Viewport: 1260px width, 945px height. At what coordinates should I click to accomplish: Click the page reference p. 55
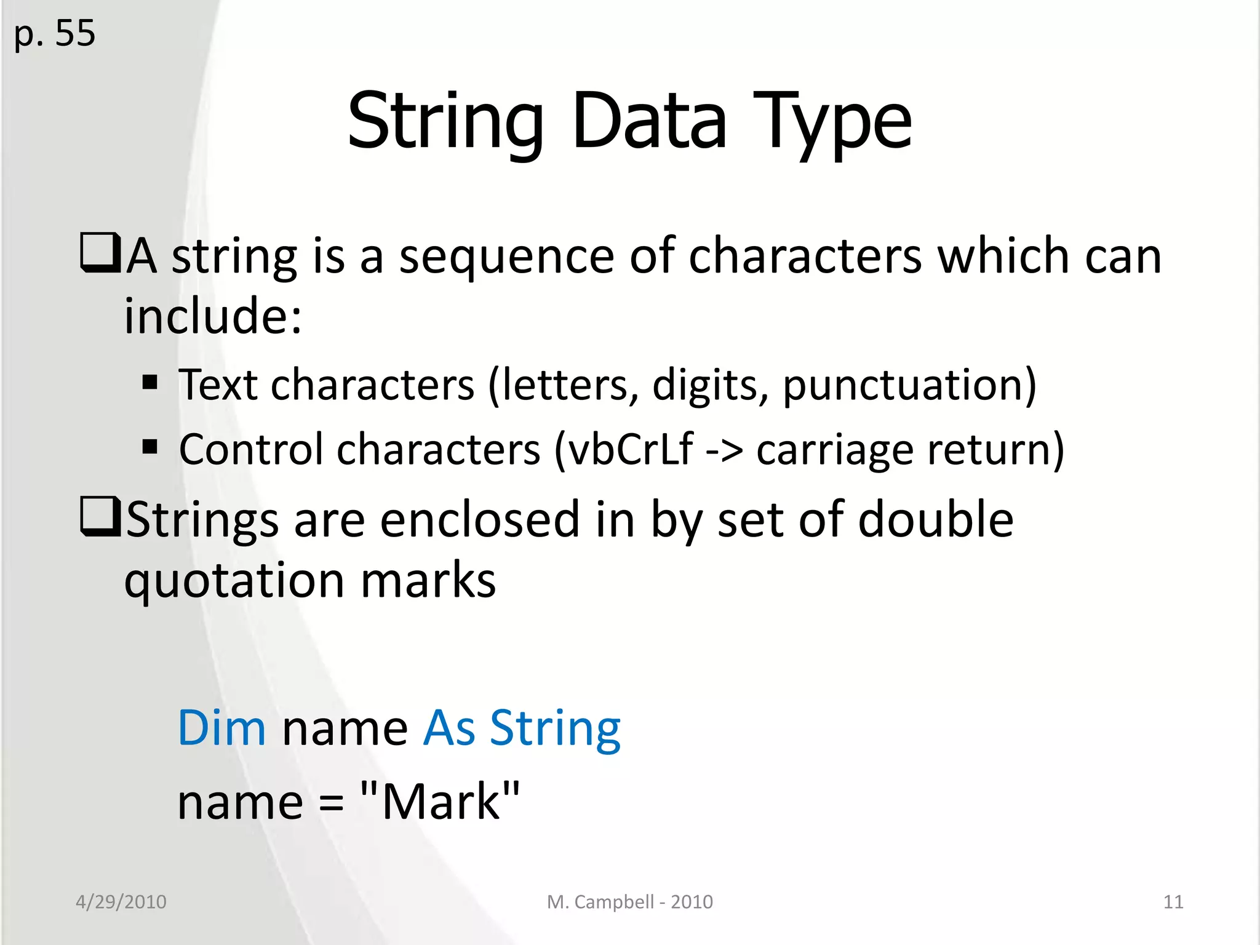55,34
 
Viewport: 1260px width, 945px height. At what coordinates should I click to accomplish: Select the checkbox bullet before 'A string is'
100,253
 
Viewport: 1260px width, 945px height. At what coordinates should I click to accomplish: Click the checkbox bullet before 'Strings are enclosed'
100,517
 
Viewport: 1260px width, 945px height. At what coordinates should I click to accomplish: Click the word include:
213,316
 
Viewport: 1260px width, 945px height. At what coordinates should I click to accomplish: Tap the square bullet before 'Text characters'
150,383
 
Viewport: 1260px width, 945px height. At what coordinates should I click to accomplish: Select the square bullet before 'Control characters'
150,446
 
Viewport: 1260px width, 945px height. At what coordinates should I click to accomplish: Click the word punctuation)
909,386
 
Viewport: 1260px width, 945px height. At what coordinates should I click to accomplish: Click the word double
935,519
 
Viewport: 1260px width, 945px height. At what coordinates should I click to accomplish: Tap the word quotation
234,581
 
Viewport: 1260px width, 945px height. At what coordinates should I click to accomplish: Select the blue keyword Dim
221,728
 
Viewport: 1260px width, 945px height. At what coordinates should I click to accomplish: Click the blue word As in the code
449,728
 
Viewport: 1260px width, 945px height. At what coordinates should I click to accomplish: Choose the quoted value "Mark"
440,802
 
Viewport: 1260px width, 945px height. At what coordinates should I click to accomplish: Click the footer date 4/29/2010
121,902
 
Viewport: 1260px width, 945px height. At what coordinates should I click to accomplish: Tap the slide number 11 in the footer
1173,902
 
